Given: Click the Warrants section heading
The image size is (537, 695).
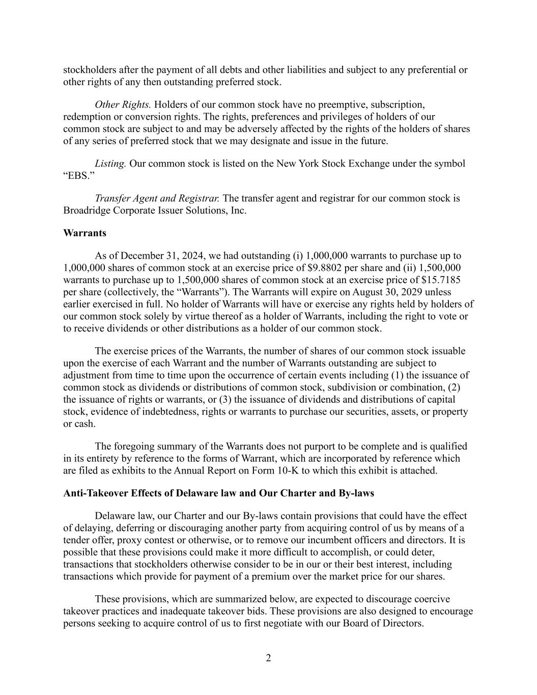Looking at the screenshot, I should (84, 233).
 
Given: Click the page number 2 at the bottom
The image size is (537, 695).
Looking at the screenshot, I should (268, 658).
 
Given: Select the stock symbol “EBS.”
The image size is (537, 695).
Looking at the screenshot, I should (79, 176).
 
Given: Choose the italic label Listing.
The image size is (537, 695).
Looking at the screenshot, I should (110, 164).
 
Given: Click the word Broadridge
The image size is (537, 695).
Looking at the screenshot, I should (87, 210).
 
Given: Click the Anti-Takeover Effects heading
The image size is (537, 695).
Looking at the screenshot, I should (218, 493).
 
